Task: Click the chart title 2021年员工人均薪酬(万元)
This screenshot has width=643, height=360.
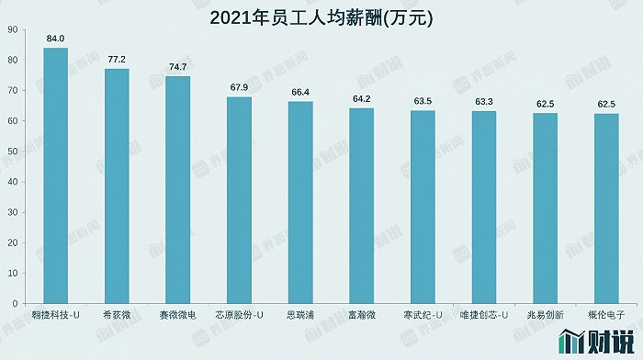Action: [x=321, y=17]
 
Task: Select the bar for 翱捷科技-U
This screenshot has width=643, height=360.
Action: [x=56, y=174]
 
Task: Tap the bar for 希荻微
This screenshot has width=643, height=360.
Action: [x=117, y=186]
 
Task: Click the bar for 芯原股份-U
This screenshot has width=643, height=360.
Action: [x=239, y=199]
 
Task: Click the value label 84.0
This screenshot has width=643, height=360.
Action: [x=56, y=39]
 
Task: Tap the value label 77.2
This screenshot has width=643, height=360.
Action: [x=117, y=59]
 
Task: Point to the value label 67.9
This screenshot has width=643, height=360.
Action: [x=239, y=87]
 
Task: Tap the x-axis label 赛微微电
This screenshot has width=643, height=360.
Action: [x=178, y=315]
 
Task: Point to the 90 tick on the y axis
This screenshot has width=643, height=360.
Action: [x=12, y=30]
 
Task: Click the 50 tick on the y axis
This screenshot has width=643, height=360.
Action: [x=12, y=152]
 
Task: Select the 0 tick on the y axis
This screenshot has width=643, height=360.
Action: [x=15, y=303]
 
